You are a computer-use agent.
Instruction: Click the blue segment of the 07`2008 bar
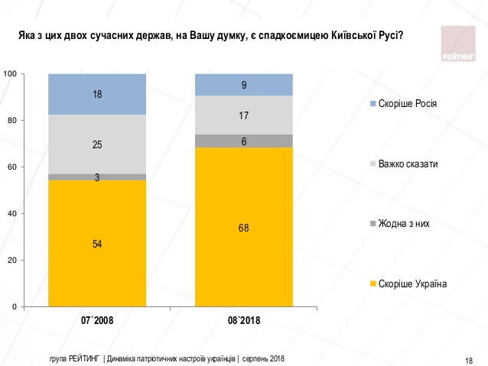[x=97, y=94]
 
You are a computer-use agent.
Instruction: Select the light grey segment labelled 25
[x=97, y=144]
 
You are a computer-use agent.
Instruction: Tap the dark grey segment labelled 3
[x=97, y=177]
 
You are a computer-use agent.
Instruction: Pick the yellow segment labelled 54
[x=97, y=243]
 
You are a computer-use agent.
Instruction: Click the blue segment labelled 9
[x=243, y=85]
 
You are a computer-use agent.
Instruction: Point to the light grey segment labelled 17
[x=243, y=115]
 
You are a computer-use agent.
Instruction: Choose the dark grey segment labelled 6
[x=243, y=141]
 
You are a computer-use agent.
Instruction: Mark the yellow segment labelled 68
[x=243, y=227]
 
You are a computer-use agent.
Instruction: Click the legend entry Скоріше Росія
[x=407, y=103]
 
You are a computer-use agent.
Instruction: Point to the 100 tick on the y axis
[x=11, y=73]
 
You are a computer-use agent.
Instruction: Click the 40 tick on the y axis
[x=13, y=213]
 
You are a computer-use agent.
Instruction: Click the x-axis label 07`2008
[x=97, y=320]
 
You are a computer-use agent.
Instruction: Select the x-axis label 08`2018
[x=243, y=320]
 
